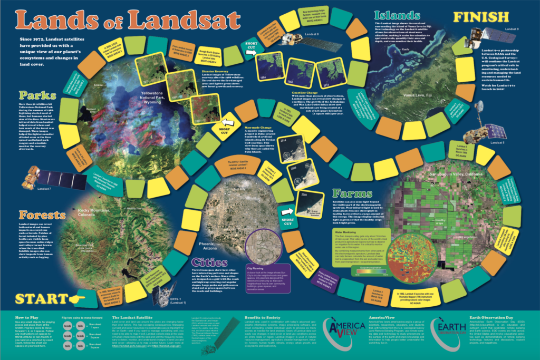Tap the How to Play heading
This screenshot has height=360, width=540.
25,318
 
